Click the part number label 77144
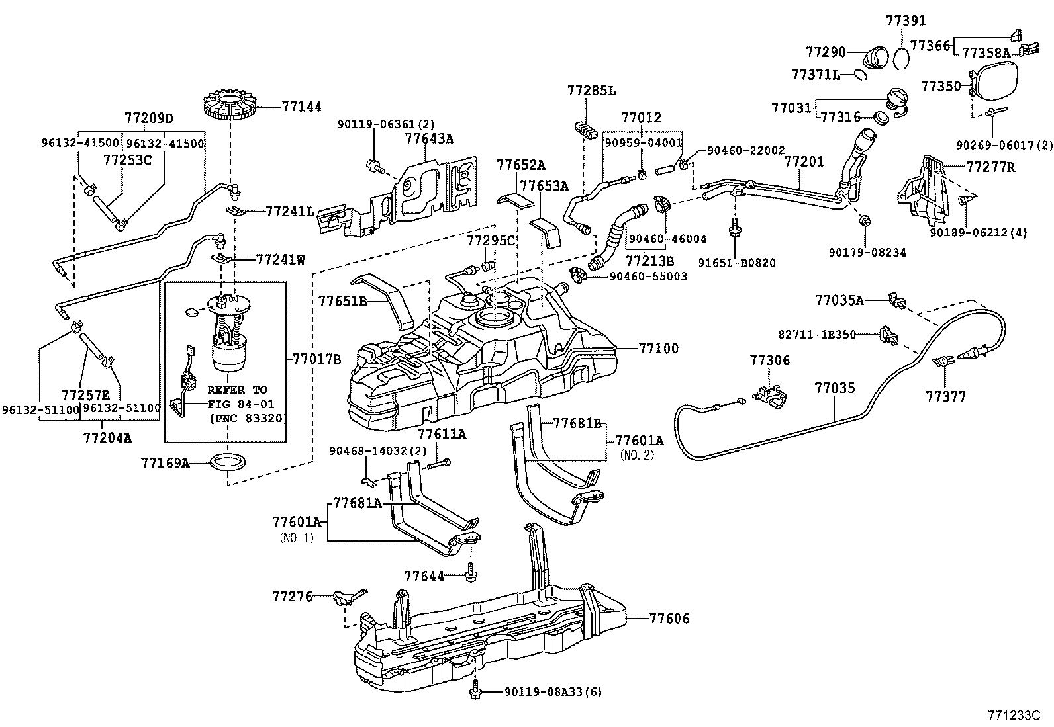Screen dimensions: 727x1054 click(x=302, y=106)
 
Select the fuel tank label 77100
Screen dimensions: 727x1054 click(x=659, y=348)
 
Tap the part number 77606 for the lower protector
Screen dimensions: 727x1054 click(x=669, y=619)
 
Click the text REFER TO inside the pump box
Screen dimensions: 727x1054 click(x=236, y=390)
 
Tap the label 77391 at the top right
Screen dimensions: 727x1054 click(x=906, y=21)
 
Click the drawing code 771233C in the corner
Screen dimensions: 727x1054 click(x=1014, y=715)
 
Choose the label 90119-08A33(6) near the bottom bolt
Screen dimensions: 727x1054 click(x=553, y=692)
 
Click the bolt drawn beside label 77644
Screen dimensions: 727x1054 click(x=471, y=574)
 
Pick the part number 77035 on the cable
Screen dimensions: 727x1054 click(x=835, y=388)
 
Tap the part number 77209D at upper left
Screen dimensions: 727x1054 click(x=148, y=118)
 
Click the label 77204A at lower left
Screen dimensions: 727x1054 click(x=107, y=437)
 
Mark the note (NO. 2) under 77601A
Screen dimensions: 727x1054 click(x=636, y=455)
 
